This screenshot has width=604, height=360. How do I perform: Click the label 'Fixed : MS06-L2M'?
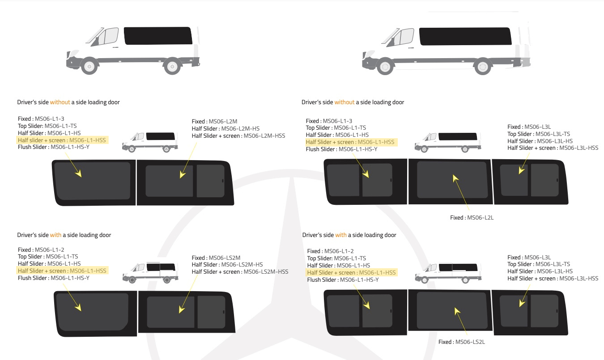pyautogui.click(x=214, y=122)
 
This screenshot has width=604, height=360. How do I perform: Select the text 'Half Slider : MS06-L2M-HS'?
pyautogui.click(x=225, y=129)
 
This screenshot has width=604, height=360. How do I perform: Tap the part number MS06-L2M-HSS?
pyautogui.click(x=264, y=136)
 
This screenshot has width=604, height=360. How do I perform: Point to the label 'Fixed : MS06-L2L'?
pyautogui.click(x=472, y=218)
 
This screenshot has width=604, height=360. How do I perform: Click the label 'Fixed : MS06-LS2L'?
pyautogui.click(x=462, y=342)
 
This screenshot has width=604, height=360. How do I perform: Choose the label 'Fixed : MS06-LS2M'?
pyautogui.click(x=216, y=258)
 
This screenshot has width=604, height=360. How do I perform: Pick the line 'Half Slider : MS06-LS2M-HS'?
pyautogui.click(x=227, y=265)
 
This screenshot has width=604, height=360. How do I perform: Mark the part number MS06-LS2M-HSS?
pyautogui.click(x=266, y=272)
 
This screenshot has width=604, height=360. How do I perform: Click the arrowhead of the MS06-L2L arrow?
pyautogui.click(x=455, y=178)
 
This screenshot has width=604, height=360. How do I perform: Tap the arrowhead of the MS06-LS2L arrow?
pyautogui.click(x=457, y=311)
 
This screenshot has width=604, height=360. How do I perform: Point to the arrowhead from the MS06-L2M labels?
pyautogui.click(x=182, y=174)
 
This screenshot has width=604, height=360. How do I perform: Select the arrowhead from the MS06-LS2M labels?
pyautogui.click(x=181, y=309)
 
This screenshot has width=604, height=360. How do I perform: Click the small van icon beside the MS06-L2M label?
pyautogui.click(x=150, y=142)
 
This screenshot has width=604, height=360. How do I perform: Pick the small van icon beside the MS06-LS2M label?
pyautogui.click(x=150, y=272)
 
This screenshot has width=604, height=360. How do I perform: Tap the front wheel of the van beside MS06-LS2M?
pyautogui.click(x=132, y=280)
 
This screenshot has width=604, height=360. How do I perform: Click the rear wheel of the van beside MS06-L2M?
pyautogui.click(x=166, y=149)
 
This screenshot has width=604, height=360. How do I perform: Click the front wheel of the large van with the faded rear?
pyautogui.click(x=385, y=66)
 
